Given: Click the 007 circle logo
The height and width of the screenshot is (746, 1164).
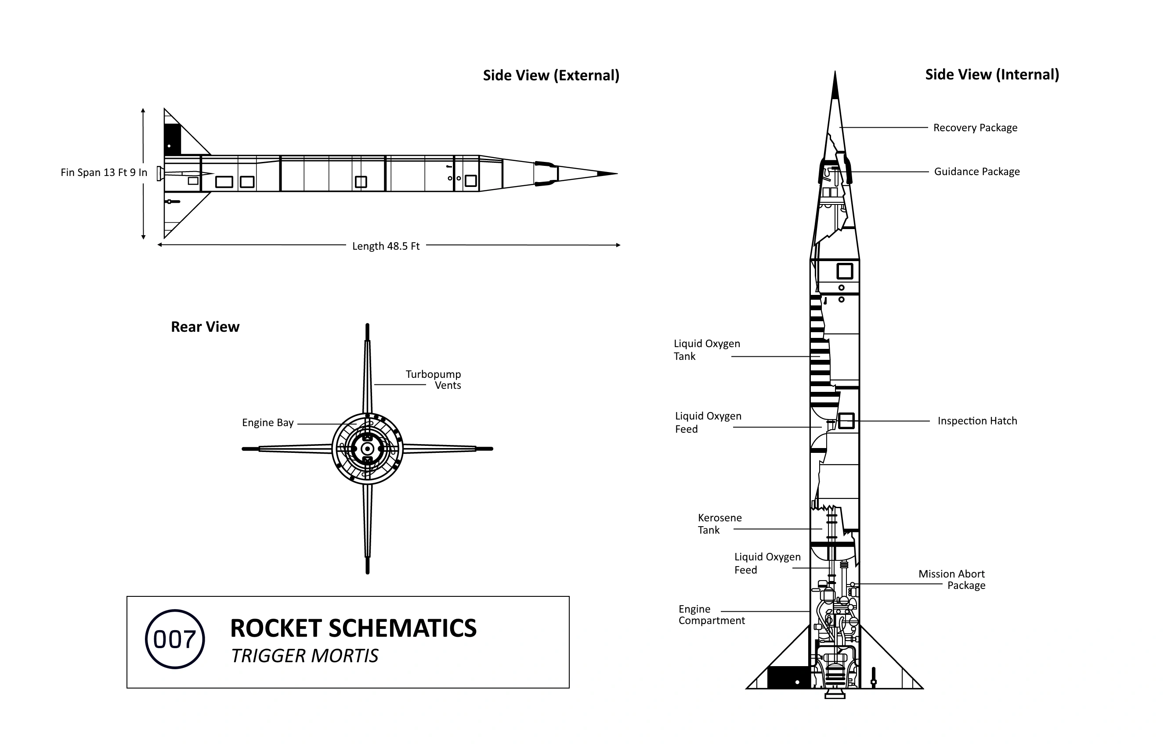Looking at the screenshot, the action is coord(174,639).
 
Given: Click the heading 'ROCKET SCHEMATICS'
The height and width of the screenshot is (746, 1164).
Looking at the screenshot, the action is coord(354,628).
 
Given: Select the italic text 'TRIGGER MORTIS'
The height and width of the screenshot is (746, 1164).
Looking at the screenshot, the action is coord(304,656).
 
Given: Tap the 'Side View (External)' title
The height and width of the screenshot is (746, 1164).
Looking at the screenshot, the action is coord(551,75).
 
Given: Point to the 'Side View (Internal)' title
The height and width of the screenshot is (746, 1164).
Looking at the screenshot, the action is coord(992,75).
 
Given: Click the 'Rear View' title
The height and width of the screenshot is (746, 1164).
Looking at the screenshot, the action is coord(205,327).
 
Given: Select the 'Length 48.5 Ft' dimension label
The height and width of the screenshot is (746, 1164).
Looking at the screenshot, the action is coord(386,246).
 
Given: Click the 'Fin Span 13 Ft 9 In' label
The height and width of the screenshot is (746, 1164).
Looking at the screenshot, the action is coord(104,172).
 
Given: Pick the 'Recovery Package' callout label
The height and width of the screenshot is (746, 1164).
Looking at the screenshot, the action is coord(976,128).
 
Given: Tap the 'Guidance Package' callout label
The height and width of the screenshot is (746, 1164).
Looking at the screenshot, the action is coord(977,172).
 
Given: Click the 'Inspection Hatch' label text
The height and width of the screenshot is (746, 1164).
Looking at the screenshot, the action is coord(977,421).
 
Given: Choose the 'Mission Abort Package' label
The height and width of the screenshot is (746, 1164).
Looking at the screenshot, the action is coord(952,580).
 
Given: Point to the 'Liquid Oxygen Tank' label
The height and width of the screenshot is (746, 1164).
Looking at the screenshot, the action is coord(707,350).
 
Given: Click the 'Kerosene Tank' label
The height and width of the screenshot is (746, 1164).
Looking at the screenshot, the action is coord(720,524).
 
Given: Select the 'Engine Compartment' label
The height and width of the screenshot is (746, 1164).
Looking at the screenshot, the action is coord(712,615).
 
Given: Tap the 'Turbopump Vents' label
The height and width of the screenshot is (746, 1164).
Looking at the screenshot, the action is coord(434,380).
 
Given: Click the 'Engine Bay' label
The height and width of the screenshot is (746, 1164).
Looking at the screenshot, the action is coord(268,423).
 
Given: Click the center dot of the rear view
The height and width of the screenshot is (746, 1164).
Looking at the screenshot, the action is coord(368,449).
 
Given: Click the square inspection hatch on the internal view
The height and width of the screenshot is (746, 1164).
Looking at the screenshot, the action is coord(846,421).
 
